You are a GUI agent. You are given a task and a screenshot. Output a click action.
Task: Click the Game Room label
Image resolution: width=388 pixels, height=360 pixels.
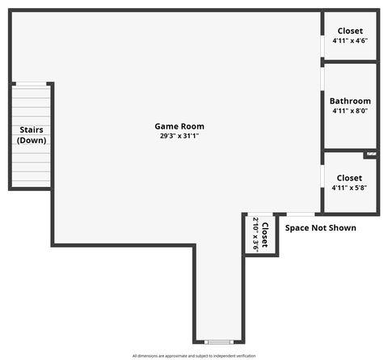click(x=179, y=126)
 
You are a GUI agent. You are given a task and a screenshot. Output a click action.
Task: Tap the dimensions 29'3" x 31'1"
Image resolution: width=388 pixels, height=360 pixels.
click(x=179, y=136)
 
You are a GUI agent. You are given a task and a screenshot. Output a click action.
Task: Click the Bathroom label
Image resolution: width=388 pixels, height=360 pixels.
click(x=350, y=101)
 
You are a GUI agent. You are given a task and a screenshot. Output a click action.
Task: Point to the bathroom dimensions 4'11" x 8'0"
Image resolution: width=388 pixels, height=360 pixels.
click(x=350, y=111)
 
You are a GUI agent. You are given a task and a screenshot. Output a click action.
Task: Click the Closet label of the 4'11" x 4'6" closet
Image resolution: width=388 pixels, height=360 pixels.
click(x=350, y=31)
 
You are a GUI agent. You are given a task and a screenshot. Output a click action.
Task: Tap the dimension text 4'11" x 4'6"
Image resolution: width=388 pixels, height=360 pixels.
click(x=350, y=40)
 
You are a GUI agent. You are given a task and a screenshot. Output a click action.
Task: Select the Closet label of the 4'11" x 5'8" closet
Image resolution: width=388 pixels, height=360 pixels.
click(x=350, y=177)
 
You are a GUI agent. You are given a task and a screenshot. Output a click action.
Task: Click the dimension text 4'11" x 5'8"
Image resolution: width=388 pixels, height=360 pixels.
click(x=350, y=187)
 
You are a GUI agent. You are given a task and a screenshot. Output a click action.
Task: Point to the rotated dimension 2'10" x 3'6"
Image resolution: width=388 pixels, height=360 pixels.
click(x=255, y=235)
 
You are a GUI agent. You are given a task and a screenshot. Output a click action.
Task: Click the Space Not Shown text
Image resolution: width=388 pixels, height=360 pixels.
click(x=320, y=228)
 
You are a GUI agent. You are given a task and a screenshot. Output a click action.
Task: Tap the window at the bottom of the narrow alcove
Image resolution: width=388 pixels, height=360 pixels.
click(x=218, y=341)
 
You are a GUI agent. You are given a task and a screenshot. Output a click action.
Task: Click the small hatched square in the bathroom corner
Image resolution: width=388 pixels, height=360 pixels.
click(x=370, y=153)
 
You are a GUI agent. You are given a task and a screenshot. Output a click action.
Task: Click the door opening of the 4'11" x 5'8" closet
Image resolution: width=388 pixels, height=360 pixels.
click(x=323, y=178)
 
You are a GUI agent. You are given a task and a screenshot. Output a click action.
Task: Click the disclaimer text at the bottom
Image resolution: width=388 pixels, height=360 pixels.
click(x=194, y=356)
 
